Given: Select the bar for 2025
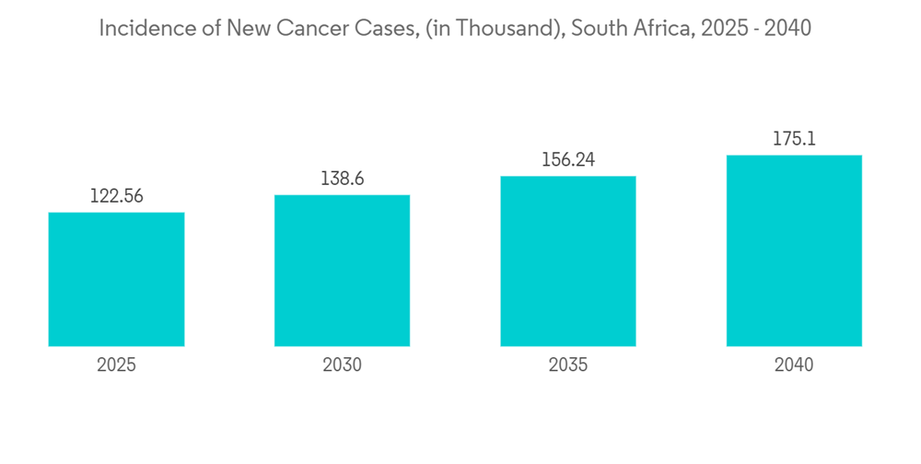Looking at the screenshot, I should click(x=116, y=279).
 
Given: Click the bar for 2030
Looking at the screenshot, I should click(x=342, y=271).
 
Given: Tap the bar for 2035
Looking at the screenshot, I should click(x=568, y=261).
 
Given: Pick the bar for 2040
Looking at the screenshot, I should click(x=794, y=250).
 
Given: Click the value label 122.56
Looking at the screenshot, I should click(x=116, y=196).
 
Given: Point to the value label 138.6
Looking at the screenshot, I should click(x=342, y=179).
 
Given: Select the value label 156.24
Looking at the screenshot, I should click(x=568, y=159).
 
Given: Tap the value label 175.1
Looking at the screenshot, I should click(x=794, y=139).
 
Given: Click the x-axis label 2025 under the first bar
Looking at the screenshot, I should click(x=116, y=365).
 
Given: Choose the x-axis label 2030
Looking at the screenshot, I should click(x=342, y=365).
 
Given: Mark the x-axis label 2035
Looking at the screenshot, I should click(x=568, y=365).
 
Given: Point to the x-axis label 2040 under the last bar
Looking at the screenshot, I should click(x=794, y=365).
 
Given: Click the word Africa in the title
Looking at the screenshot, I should click(x=659, y=29).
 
